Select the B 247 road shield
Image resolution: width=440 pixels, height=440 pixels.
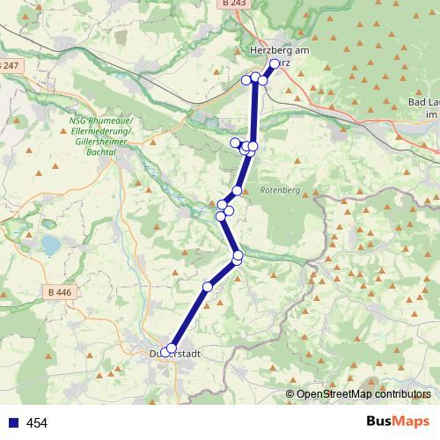tap(9, 66)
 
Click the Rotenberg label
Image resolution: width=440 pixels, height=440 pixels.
tap(280, 190)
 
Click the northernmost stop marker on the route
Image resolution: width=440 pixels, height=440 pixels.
tap(275, 63)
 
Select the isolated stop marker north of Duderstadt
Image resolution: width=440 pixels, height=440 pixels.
tap(208, 287)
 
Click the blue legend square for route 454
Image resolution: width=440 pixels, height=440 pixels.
tap(11, 423)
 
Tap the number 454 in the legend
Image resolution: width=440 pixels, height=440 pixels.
tap(37, 423)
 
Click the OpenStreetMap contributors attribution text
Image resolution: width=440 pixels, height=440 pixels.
tap(363, 394)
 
